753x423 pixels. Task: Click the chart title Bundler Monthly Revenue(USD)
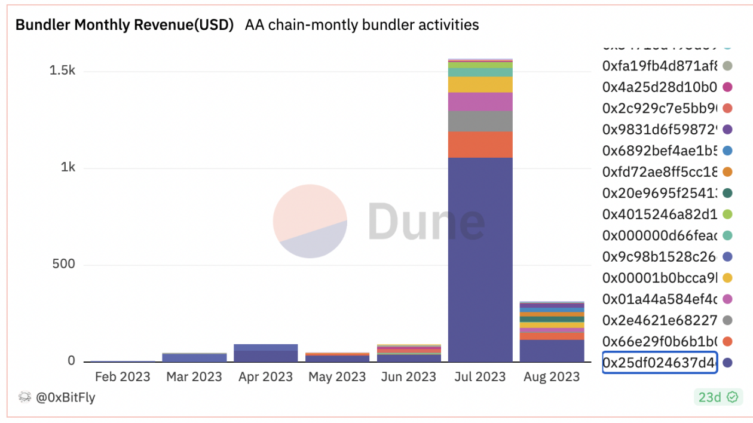pos(124,25)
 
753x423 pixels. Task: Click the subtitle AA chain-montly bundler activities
pos(362,25)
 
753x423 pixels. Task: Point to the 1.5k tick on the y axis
pos(62,71)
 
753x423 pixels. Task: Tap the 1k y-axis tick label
pos(68,168)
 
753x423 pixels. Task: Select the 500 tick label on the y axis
pos(63,265)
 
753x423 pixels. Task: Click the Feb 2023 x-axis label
pos(123,377)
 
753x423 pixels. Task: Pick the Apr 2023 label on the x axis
pos(265,377)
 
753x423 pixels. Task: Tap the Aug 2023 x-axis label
pos(552,377)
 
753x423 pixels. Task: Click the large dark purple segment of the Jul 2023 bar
pos(480,257)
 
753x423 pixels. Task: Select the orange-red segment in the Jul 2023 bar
pos(480,144)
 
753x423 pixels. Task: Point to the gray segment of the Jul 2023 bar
pos(480,121)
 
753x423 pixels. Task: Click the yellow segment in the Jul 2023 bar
pos(480,84)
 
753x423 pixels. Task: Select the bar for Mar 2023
pos(194,357)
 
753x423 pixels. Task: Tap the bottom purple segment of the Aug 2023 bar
pos(552,351)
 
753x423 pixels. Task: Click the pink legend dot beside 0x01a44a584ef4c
pos(727,299)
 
